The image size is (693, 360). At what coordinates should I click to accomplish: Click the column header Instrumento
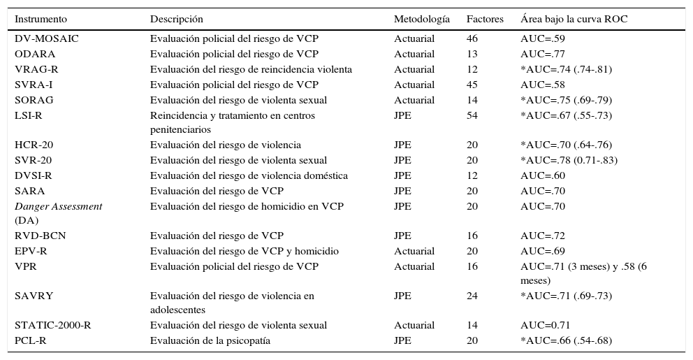(x=43, y=19)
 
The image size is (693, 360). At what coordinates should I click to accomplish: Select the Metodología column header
(x=421, y=19)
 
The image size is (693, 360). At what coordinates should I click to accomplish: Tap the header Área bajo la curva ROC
(x=574, y=19)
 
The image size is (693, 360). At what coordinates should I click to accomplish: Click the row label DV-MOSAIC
(x=46, y=38)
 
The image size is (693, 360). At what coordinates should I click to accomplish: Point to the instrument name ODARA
(x=35, y=54)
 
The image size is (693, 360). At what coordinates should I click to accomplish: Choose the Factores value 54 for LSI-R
(x=472, y=115)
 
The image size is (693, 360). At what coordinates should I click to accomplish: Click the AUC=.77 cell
(x=543, y=54)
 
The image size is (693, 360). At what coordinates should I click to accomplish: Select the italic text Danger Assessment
(x=58, y=206)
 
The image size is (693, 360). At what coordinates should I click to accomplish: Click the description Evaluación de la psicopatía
(x=210, y=340)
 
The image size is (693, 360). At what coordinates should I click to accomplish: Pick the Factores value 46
(x=472, y=38)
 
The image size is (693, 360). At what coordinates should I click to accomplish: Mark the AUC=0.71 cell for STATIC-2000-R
(x=546, y=325)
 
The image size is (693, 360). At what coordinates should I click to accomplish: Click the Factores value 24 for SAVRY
(x=472, y=296)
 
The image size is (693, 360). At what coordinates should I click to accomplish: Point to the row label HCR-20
(x=34, y=145)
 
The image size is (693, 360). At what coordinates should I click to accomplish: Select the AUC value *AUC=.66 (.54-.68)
(x=566, y=340)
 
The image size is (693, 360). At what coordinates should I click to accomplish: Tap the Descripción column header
(x=177, y=19)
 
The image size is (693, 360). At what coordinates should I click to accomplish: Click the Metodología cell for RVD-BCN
(x=402, y=236)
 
